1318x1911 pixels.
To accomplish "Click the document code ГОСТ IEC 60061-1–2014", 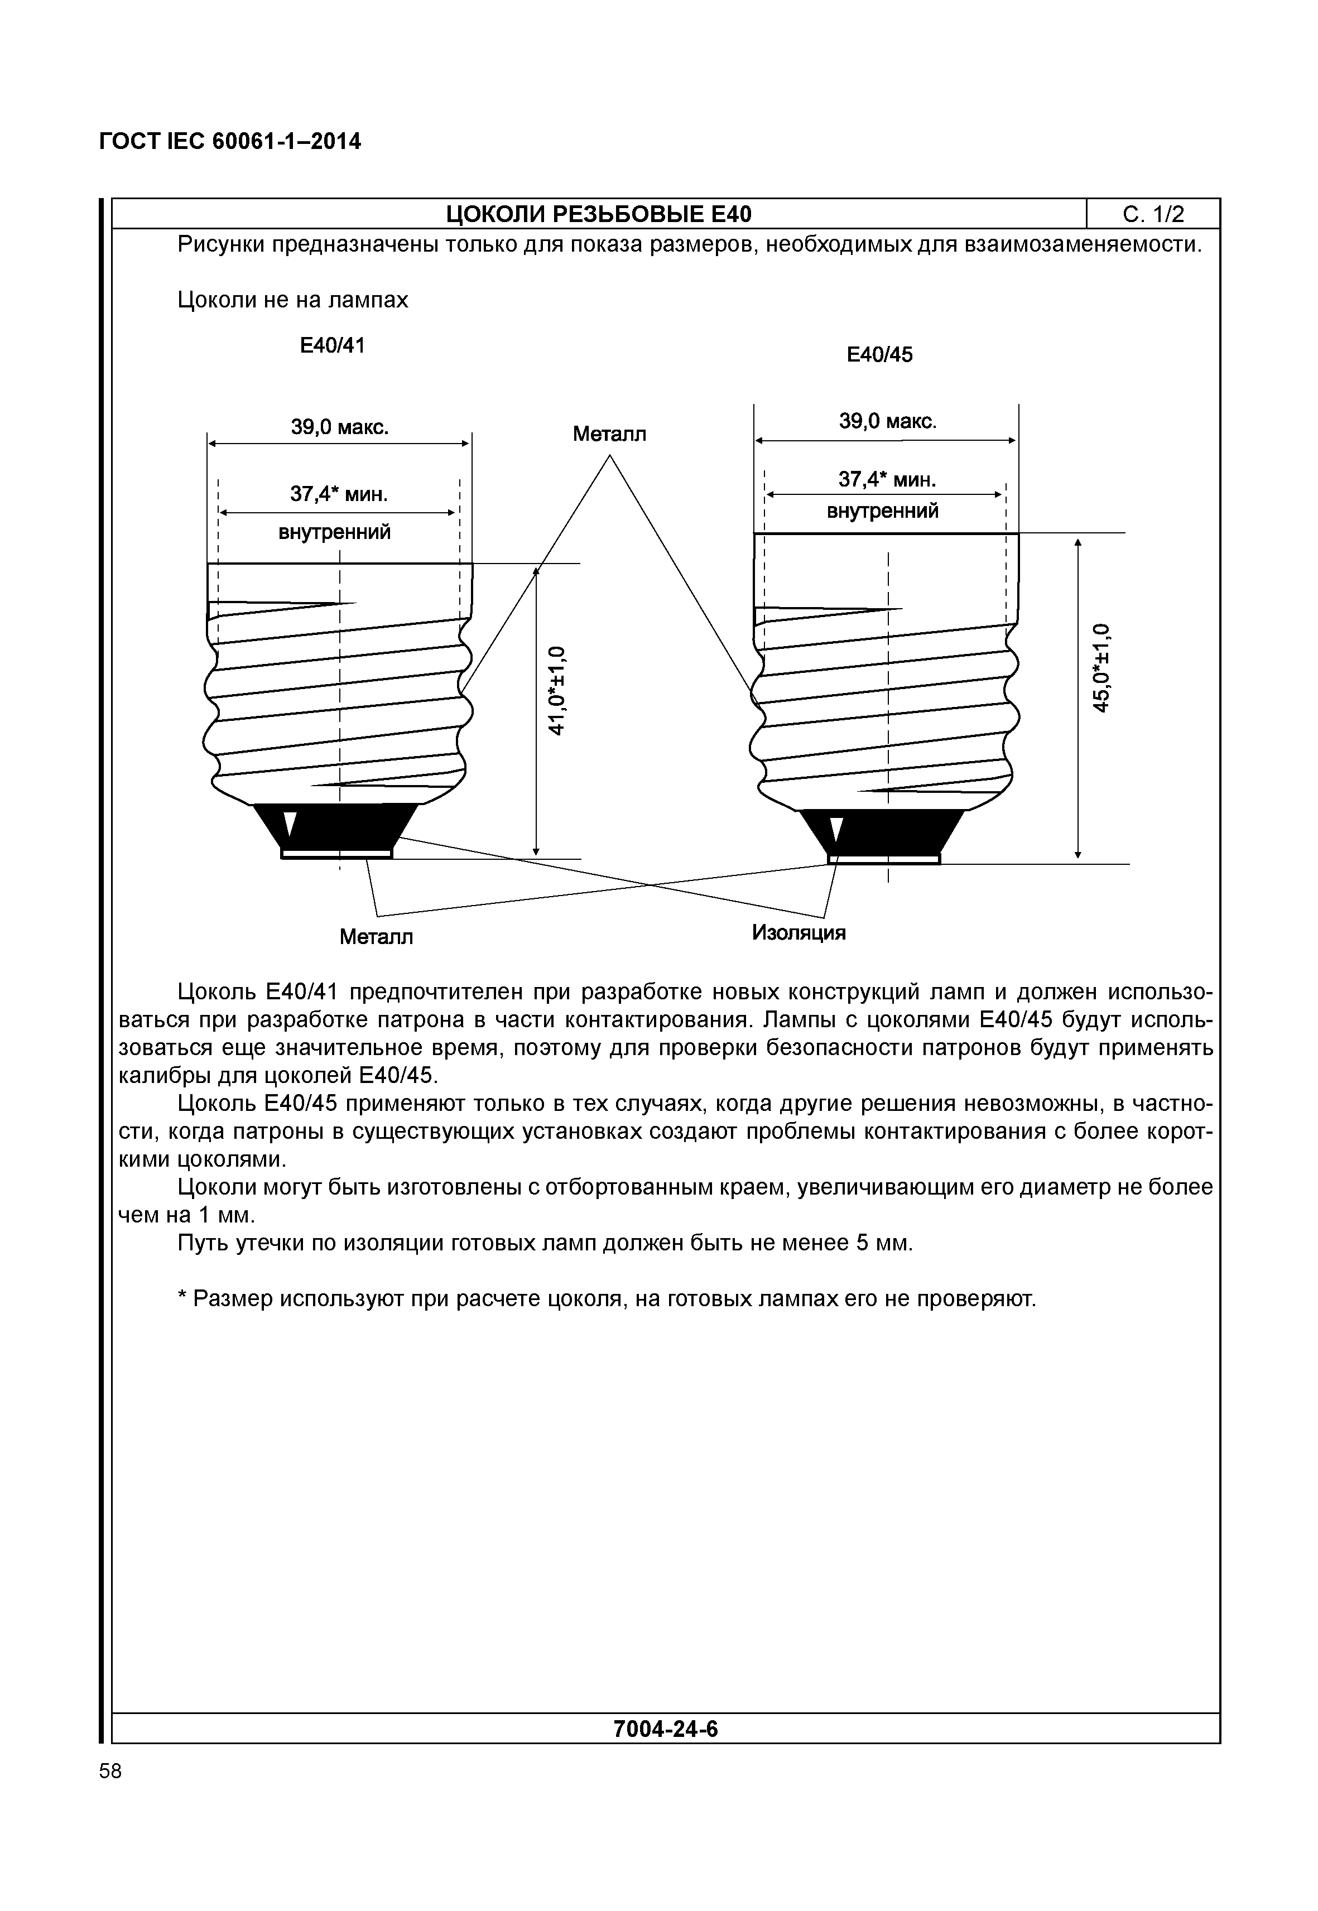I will click(x=229, y=142).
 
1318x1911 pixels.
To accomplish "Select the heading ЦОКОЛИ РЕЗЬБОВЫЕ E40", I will click(x=599, y=215).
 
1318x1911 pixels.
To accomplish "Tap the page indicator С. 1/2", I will click(x=1153, y=215).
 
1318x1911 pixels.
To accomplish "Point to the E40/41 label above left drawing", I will click(x=332, y=345).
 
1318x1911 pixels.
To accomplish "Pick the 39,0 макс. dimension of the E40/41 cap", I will click(x=339, y=428).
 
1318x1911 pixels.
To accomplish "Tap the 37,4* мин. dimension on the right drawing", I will click(x=887, y=479).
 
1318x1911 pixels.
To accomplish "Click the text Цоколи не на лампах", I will click(x=293, y=300).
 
